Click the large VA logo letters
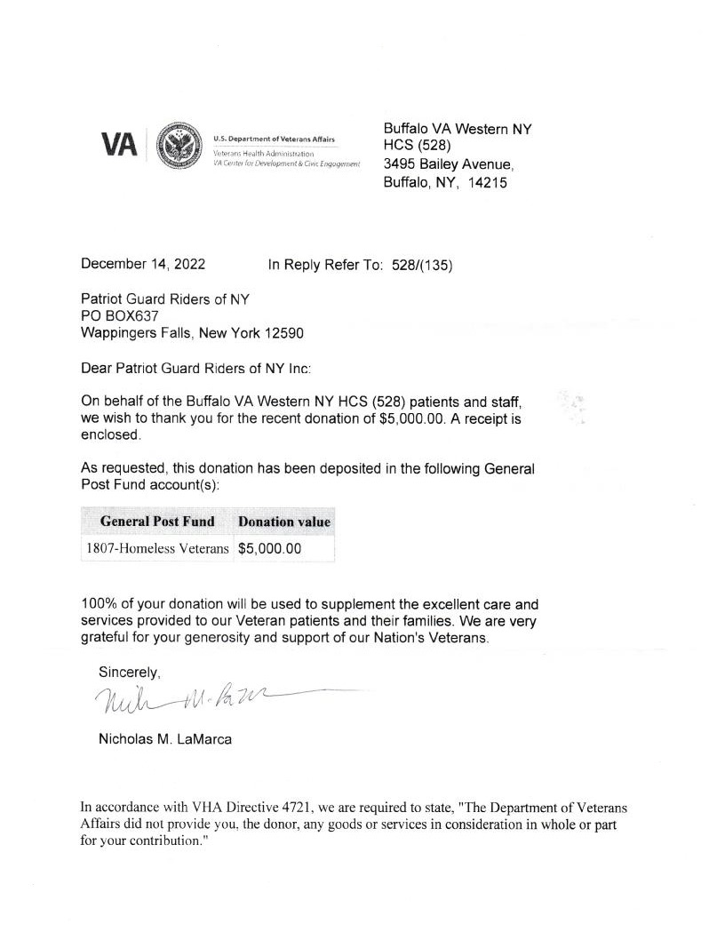119,144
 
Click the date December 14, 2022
143,264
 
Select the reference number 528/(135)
422,265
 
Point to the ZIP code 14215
488,185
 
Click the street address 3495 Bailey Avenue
448,164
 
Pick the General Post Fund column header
157,522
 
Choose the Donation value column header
283,522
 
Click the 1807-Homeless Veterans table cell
157,549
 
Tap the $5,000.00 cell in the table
270,549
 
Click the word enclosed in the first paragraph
110,436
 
